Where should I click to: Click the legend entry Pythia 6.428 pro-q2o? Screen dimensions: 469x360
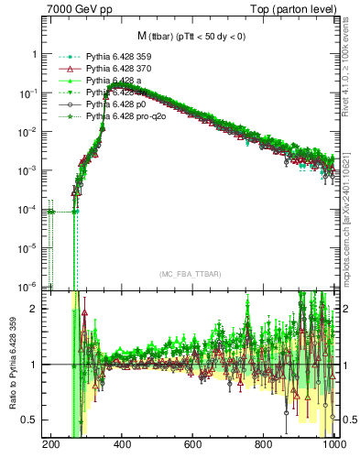pos(123,117)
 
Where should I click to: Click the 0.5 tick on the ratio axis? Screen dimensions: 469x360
pos(31,420)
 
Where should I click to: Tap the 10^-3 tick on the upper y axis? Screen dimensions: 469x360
pos(29,171)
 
